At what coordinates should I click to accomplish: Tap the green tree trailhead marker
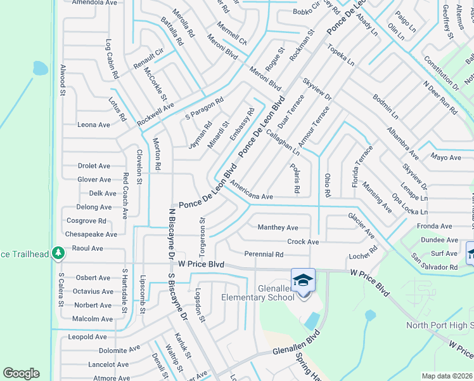point(58,253)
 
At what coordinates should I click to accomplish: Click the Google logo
point(21,373)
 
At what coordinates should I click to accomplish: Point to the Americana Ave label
point(252,192)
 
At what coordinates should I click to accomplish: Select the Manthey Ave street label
point(278,227)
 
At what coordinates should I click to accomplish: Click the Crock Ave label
point(303,242)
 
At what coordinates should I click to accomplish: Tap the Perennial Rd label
point(264,255)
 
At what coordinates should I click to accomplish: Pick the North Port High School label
point(439,326)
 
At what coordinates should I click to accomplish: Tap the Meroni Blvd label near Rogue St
point(265,77)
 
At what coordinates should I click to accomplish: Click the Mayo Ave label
point(445,157)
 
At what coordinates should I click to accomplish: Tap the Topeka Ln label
point(341,55)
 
